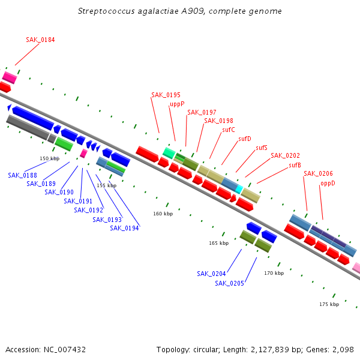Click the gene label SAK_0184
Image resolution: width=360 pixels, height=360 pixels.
tap(40, 40)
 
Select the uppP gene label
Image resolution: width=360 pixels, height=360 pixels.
tap(177, 104)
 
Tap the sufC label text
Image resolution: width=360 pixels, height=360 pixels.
tap(229, 130)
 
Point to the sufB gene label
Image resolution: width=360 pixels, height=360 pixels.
tap(295, 165)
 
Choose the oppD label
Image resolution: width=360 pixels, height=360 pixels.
tap(328, 183)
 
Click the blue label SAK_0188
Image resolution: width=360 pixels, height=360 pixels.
tap(23, 175)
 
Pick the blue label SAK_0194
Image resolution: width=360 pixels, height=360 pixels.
tap(124, 228)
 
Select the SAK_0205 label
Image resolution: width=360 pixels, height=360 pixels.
tap(229, 283)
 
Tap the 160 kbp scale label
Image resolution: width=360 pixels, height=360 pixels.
tap(163, 214)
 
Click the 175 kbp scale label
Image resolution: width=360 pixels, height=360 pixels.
tap(329, 304)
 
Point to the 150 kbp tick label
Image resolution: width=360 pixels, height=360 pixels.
tap(50, 158)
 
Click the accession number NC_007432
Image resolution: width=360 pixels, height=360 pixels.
tap(65, 350)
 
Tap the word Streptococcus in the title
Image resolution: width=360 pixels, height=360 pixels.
tap(106, 11)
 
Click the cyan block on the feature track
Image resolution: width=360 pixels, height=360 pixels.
tap(239, 189)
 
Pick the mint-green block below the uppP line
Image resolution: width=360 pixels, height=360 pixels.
tap(169, 153)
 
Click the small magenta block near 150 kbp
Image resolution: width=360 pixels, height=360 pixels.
tap(83, 154)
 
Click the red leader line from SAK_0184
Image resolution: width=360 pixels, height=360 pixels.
tap(28, 55)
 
